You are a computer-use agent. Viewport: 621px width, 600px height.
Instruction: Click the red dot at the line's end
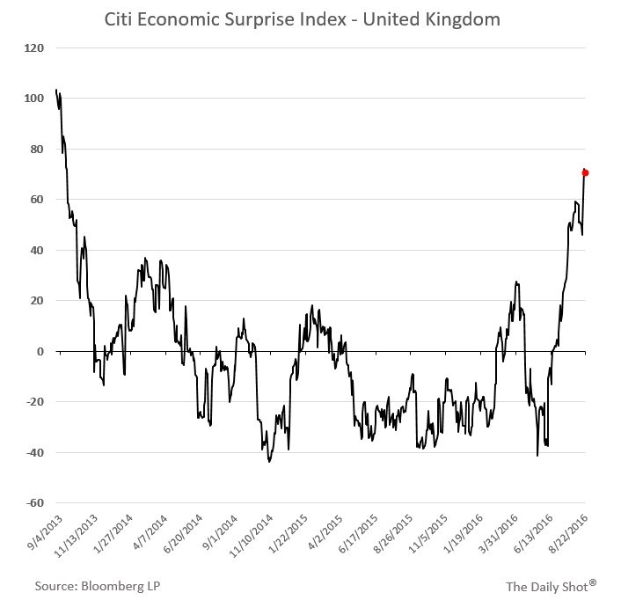click(x=585, y=172)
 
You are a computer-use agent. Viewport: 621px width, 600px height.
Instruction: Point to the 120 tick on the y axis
click(x=33, y=48)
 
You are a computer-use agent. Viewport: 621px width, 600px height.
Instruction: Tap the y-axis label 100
click(x=33, y=99)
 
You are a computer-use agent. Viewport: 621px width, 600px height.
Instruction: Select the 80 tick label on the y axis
click(x=35, y=149)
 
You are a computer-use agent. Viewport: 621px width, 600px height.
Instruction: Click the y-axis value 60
click(x=35, y=200)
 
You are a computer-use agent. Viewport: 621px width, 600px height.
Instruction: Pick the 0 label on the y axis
click(x=39, y=351)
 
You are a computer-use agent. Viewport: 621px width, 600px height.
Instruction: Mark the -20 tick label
click(x=33, y=402)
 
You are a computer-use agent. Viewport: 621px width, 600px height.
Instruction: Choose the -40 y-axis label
click(x=33, y=452)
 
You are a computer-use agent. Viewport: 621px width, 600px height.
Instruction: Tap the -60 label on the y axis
click(x=33, y=503)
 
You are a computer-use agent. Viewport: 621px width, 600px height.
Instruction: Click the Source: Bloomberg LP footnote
click(x=98, y=584)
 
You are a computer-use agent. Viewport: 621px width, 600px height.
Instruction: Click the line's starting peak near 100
click(x=56, y=91)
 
